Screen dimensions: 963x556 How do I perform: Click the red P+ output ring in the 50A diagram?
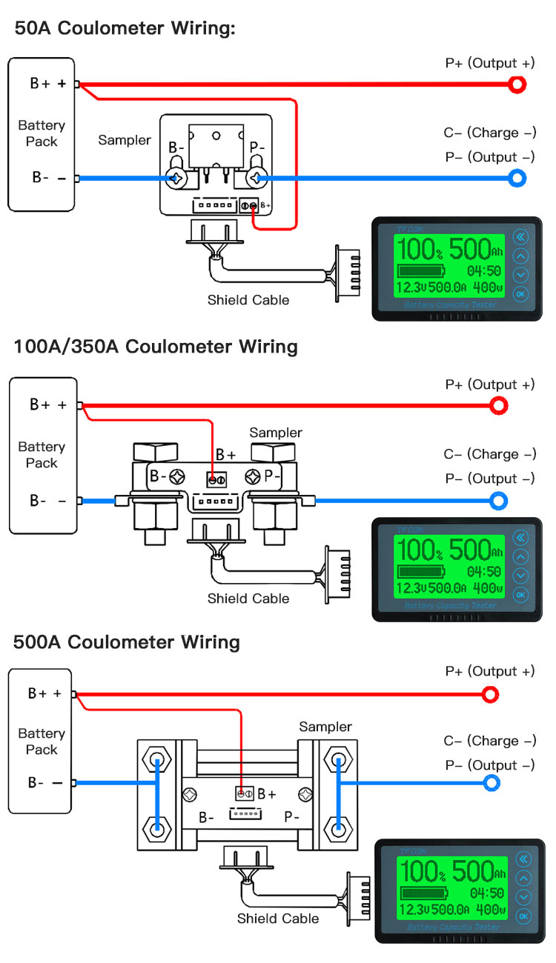coord(517,84)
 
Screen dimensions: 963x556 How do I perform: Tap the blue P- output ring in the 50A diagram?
coord(517,178)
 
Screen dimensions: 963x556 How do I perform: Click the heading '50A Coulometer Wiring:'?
coord(125,29)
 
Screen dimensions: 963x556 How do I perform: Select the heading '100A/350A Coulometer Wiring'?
coord(156,346)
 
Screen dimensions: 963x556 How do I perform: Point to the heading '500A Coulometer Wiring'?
coord(127,642)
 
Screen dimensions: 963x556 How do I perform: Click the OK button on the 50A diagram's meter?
coord(520,294)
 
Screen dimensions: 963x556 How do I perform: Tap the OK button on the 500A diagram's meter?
coord(523,916)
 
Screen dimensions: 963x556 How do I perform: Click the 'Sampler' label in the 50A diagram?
coord(125,140)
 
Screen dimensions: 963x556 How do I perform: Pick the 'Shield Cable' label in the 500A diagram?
coord(278,919)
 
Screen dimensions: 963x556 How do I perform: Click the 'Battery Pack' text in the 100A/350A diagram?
coord(42,455)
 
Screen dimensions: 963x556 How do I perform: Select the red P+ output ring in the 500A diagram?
coord(490,694)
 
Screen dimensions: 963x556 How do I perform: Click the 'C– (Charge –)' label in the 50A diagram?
coord(490,133)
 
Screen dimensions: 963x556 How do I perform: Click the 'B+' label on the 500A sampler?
coord(267,794)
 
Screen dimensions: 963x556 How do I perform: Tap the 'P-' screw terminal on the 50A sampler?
coord(257,178)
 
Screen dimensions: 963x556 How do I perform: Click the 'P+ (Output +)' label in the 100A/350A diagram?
coord(490,384)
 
